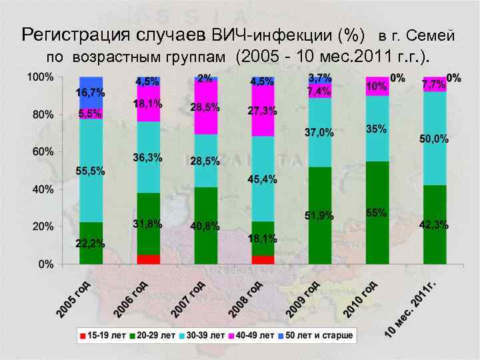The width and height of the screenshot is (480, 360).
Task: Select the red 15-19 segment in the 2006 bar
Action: pos(149,259)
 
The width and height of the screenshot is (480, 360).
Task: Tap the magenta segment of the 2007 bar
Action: pos(206,107)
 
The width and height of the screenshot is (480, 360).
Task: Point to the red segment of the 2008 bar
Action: pos(263,260)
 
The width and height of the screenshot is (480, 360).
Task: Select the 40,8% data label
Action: pos(205,227)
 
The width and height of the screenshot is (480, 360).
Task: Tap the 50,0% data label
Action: pos(434,139)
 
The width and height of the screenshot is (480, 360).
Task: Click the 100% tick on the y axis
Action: pos(40,77)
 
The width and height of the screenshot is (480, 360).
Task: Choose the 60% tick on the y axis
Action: pos(43,152)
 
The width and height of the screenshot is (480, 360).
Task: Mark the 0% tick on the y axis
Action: pos(46,265)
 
